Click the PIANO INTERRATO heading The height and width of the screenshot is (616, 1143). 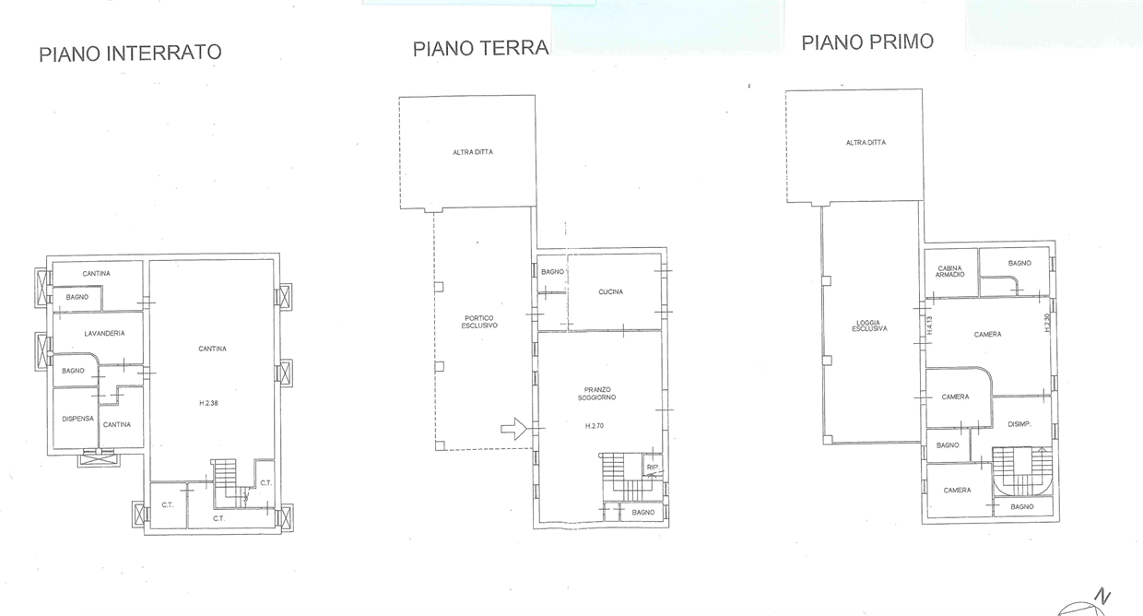[x=130, y=53]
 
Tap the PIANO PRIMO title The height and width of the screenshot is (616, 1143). [x=867, y=41]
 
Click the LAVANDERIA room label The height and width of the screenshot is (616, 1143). [x=104, y=333]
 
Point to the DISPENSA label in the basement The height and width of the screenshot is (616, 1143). [x=77, y=418]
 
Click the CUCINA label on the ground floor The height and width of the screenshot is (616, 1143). [x=610, y=291]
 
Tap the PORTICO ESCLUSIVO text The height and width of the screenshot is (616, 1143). [x=480, y=322]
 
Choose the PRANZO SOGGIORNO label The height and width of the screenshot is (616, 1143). [x=597, y=393]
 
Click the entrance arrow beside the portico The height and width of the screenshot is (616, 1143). [x=513, y=428]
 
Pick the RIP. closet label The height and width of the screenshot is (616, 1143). [x=653, y=468]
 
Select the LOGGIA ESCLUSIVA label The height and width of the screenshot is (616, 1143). [x=869, y=325]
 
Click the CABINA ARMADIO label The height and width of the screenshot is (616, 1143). [x=950, y=271]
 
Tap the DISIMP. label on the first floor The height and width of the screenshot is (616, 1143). [x=1018, y=424]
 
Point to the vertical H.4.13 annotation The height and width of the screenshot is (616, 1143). [x=930, y=326]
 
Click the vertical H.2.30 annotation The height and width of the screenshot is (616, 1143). [x=1046, y=324]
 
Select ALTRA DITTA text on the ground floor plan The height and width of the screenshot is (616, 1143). [x=472, y=152]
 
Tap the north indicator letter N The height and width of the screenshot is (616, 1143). [x=1102, y=597]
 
